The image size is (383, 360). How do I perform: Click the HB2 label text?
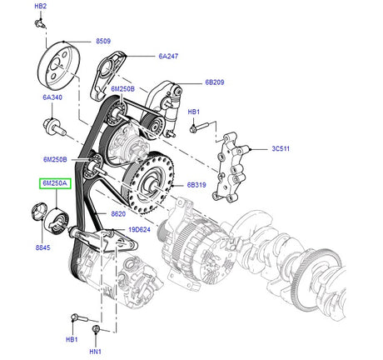coord(41,7)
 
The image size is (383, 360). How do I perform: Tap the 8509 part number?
coord(103,41)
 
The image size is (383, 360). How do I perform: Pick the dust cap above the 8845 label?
coord(38,212)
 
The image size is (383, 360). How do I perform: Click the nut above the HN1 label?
coord(97,329)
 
